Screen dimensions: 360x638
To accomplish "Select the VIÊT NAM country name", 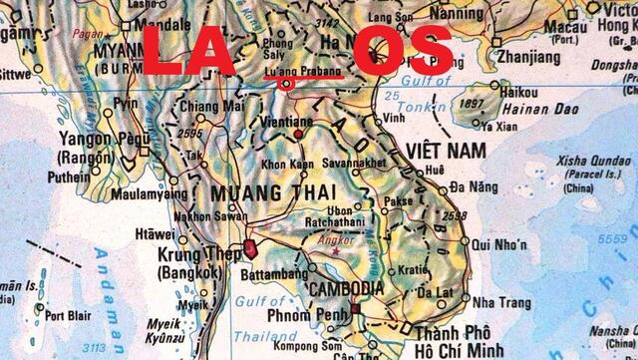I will coord(445,150).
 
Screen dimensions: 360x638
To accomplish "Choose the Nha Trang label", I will coord(501,301).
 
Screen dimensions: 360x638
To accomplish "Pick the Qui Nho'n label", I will coord(499,243).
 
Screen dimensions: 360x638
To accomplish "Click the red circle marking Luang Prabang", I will coord(286,85).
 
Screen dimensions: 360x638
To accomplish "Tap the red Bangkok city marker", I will coord(248,245).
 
